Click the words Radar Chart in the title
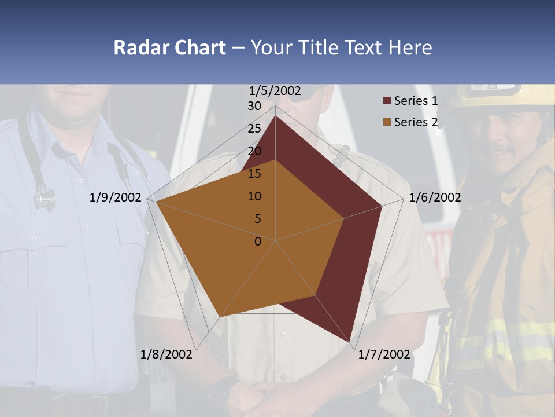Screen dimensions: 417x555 169,47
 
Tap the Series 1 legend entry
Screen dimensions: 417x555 416,101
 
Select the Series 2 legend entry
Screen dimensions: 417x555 416,122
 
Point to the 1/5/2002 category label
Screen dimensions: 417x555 275,90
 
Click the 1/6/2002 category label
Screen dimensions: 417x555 435,198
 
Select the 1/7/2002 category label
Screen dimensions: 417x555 384,354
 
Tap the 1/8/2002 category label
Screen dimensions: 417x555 166,354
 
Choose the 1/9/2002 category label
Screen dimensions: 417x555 116,198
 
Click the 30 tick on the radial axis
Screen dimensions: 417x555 254,107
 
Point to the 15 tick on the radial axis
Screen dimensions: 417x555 254,174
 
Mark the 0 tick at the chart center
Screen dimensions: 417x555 258,242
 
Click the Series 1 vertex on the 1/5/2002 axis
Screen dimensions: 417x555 275,116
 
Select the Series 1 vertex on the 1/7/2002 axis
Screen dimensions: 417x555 350,341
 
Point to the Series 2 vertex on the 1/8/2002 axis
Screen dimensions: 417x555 219,317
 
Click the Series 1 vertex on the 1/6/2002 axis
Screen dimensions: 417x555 382,206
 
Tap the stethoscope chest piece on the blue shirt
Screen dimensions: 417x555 45,199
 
